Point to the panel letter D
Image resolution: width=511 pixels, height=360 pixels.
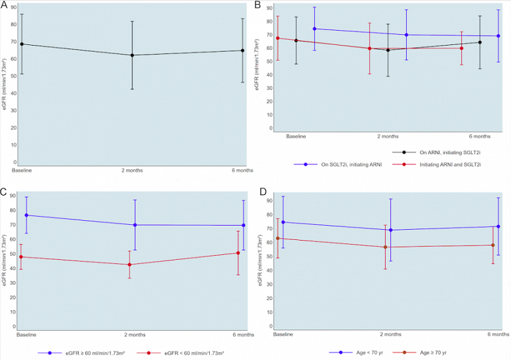[258, 193]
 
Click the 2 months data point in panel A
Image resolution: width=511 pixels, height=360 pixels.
[131, 55]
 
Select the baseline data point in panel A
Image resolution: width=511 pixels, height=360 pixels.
[22, 44]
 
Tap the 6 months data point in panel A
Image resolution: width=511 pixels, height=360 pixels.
[243, 50]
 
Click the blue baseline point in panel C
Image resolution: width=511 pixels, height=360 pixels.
[27, 215]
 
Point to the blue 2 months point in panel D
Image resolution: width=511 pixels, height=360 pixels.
[390, 230]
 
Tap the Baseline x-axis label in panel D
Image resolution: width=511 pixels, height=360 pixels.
[283, 335]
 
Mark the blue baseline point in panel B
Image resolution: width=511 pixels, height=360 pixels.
[314, 29]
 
